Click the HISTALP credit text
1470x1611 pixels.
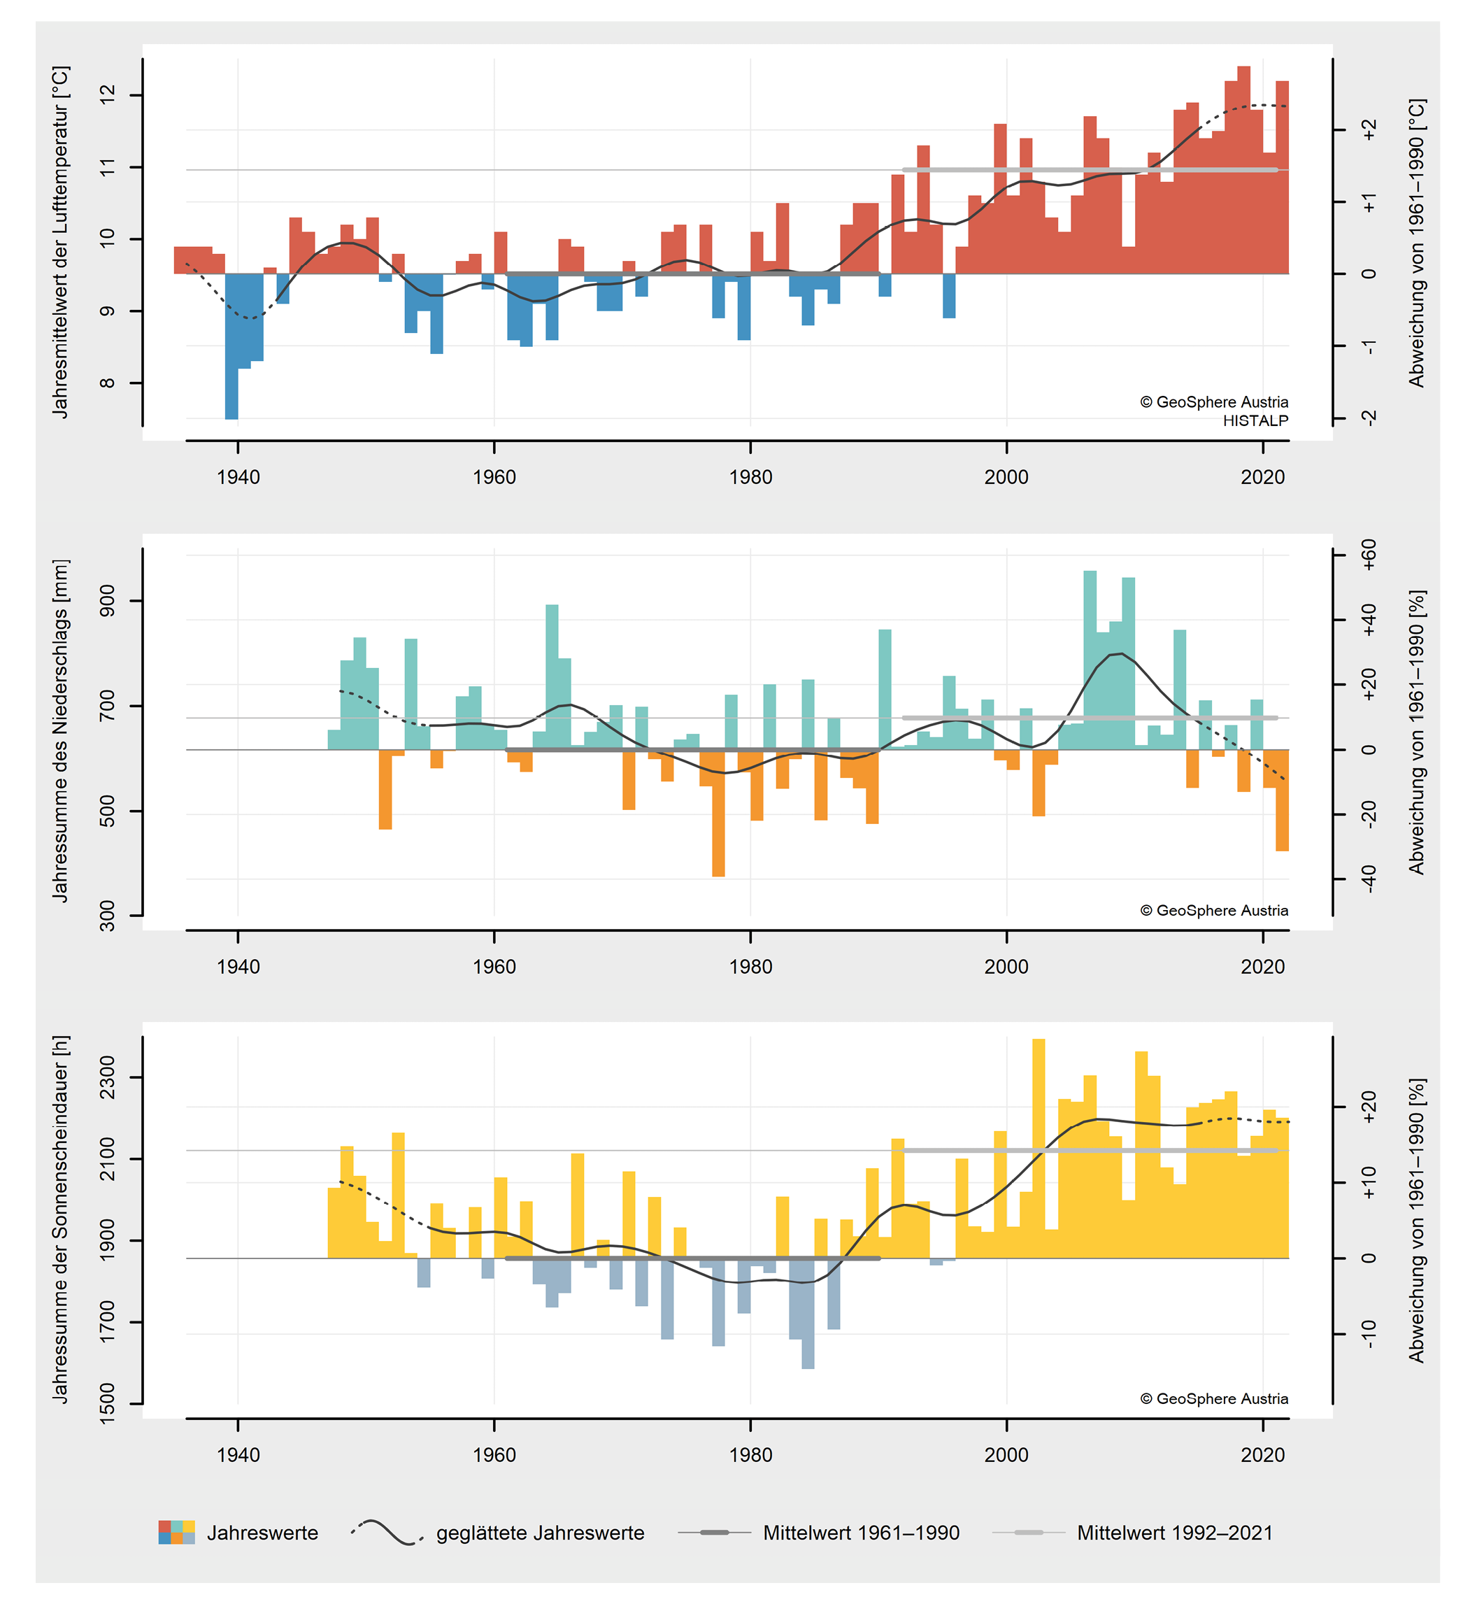pyautogui.click(x=1255, y=420)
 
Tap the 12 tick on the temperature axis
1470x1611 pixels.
pyautogui.click(x=107, y=94)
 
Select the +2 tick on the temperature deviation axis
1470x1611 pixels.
pyautogui.click(x=1369, y=129)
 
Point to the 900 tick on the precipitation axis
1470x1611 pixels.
pyautogui.click(x=107, y=600)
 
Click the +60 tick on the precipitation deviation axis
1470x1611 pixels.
pyautogui.click(x=1369, y=555)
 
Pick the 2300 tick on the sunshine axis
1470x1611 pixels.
pyautogui.click(x=107, y=1077)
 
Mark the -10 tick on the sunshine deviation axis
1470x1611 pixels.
pyautogui.click(x=1369, y=1334)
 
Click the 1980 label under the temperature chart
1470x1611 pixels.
pyautogui.click(x=750, y=477)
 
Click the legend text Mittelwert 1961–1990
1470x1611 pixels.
pyautogui.click(x=860, y=1533)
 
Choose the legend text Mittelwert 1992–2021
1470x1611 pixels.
pyautogui.click(x=1174, y=1533)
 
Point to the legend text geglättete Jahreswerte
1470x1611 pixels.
pyautogui.click(x=540, y=1533)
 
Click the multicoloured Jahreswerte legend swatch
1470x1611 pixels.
pyautogui.click(x=176, y=1532)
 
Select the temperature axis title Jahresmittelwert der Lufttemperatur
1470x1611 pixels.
pyautogui.click(x=61, y=241)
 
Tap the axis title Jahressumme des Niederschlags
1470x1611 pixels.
pyautogui.click(x=61, y=730)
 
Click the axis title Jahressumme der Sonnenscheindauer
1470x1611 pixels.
pyautogui.click(x=61, y=1219)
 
